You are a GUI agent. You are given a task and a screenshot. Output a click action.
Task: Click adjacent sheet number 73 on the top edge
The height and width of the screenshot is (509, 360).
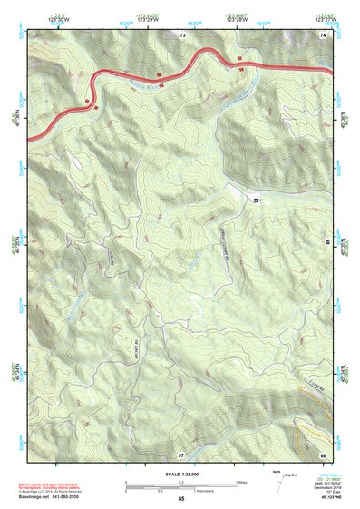click(x=182, y=34)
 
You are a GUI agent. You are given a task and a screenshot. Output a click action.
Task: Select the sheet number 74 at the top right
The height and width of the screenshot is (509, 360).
click(x=322, y=34)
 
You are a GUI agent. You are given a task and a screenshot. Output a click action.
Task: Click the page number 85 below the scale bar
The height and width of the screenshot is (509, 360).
click(x=181, y=499)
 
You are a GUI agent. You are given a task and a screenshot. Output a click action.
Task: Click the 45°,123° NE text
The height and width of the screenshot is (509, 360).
click(x=324, y=499)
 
